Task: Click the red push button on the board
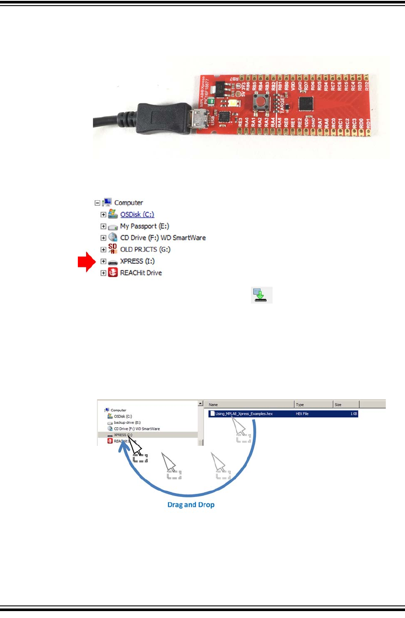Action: click(x=260, y=102)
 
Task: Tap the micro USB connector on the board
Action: click(x=199, y=119)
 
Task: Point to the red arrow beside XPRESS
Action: click(x=87, y=262)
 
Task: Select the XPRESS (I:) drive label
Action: click(x=137, y=261)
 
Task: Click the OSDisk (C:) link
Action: click(x=137, y=215)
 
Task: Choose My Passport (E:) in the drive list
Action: click(x=145, y=226)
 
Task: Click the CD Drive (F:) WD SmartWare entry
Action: click(x=163, y=238)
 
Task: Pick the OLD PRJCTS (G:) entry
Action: click(x=145, y=250)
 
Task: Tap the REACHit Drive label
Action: click(x=141, y=273)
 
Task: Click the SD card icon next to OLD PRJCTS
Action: click(x=112, y=249)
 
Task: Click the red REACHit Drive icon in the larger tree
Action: click(x=112, y=272)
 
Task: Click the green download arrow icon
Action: click(x=261, y=295)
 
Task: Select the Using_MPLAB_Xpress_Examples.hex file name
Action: click(x=244, y=414)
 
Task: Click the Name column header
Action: click(x=213, y=405)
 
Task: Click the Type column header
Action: click(x=300, y=405)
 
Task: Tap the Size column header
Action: click(x=338, y=405)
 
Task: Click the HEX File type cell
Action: click(x=302, y=414)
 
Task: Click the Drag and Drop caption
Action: click(x=191, y=505)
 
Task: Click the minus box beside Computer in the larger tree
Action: click(x=97, y=203)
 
